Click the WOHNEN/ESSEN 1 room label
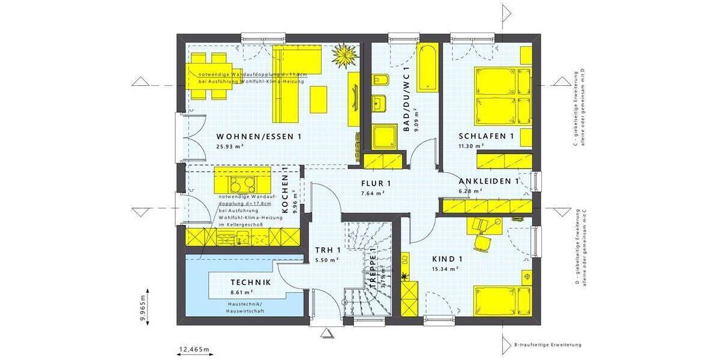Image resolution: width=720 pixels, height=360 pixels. [259, 137]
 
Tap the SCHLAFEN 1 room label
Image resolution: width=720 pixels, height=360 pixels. [486, 136]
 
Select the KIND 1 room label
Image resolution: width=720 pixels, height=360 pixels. [448, 259]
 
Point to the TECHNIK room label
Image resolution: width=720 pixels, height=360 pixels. [251, 282]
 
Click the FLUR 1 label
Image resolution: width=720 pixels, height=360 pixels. [376, 184]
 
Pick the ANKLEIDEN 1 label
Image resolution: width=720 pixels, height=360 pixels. [488, 181]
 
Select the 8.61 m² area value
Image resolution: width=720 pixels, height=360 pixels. [242, 292]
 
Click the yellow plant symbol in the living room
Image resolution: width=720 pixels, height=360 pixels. [346, 57]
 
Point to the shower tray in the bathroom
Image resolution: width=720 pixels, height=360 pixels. [383, 137]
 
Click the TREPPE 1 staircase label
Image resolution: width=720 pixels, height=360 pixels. [373, 268]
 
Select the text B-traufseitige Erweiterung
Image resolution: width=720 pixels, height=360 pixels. [548, 345]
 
